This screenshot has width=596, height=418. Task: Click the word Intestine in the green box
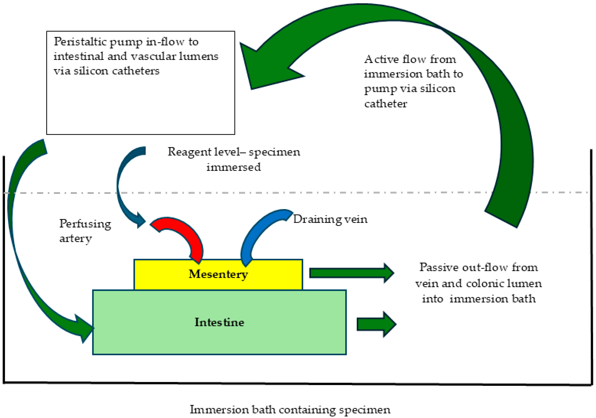pyautogui.click(x=219, y=322)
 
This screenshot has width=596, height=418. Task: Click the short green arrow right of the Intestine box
pyautogui.click(x=376, y=324)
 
